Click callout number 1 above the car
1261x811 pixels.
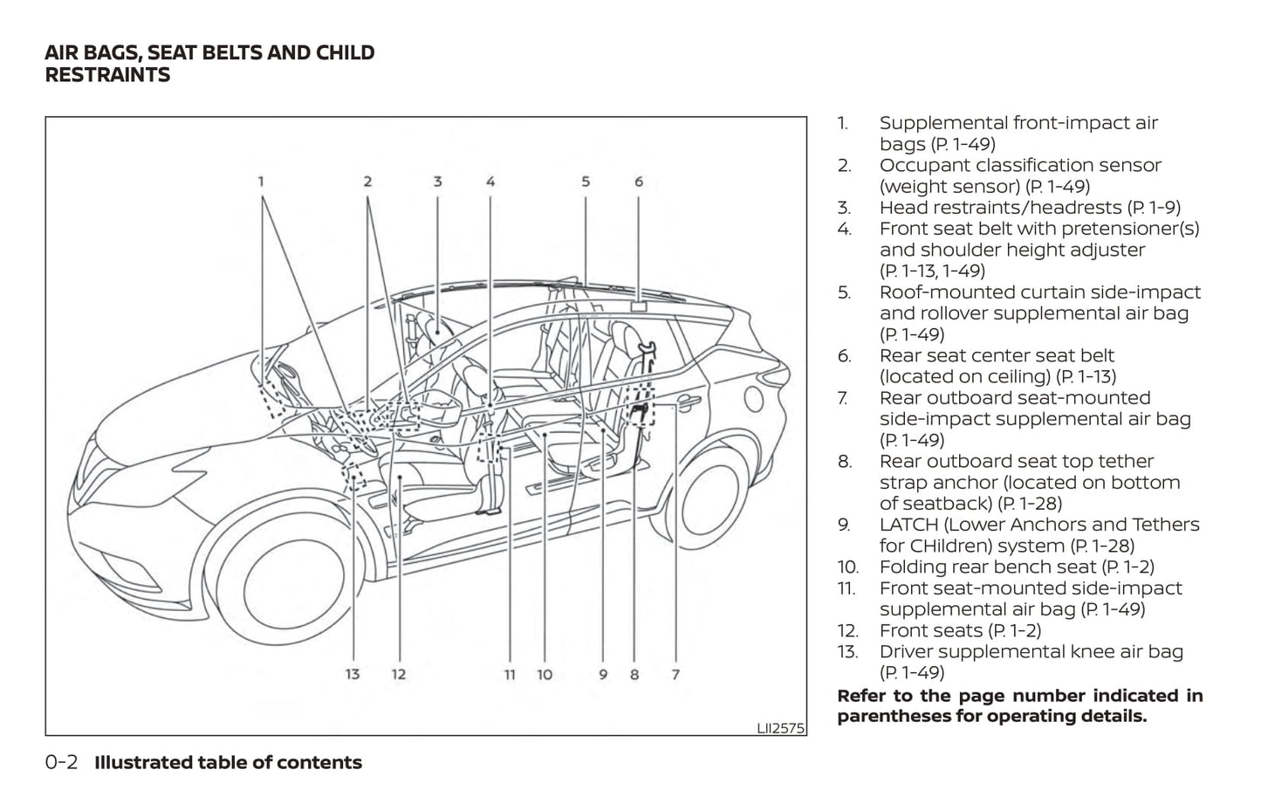click(261, 182)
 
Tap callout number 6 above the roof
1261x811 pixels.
click(639, 182)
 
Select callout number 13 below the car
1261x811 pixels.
click(352, 674)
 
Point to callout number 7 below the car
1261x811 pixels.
click(675, 674)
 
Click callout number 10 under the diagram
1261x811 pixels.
click(545, 674)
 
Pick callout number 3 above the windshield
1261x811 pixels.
click(437, 182)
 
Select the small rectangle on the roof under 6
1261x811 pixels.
click(639, 306)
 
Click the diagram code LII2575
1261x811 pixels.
click(780, 727)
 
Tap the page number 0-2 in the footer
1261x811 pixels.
click(61, 762)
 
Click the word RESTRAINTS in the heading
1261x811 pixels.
click(107, 75)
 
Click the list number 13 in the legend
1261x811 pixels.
click(846, 652)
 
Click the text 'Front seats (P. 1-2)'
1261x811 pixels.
click(960, 630)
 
